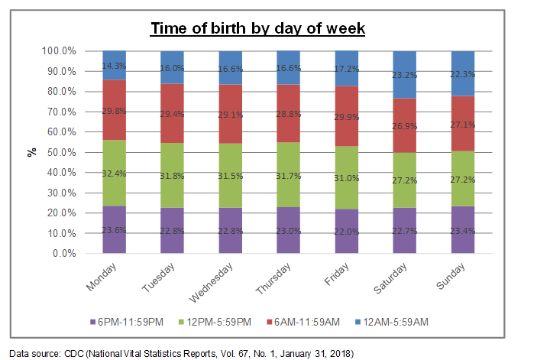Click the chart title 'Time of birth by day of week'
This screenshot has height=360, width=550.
tap(257, 29)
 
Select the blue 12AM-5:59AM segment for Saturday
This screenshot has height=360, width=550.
tap(404, 74)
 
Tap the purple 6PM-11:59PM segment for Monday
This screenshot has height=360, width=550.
tap(115, 229)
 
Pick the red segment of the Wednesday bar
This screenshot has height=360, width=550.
tap(230, 114)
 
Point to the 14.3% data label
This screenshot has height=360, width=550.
tap(115, 66)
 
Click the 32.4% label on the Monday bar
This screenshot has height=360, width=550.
tap(115, 174)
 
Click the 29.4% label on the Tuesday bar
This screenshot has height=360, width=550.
tap(173, 112)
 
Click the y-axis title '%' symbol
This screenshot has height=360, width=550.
tap(32, 152)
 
